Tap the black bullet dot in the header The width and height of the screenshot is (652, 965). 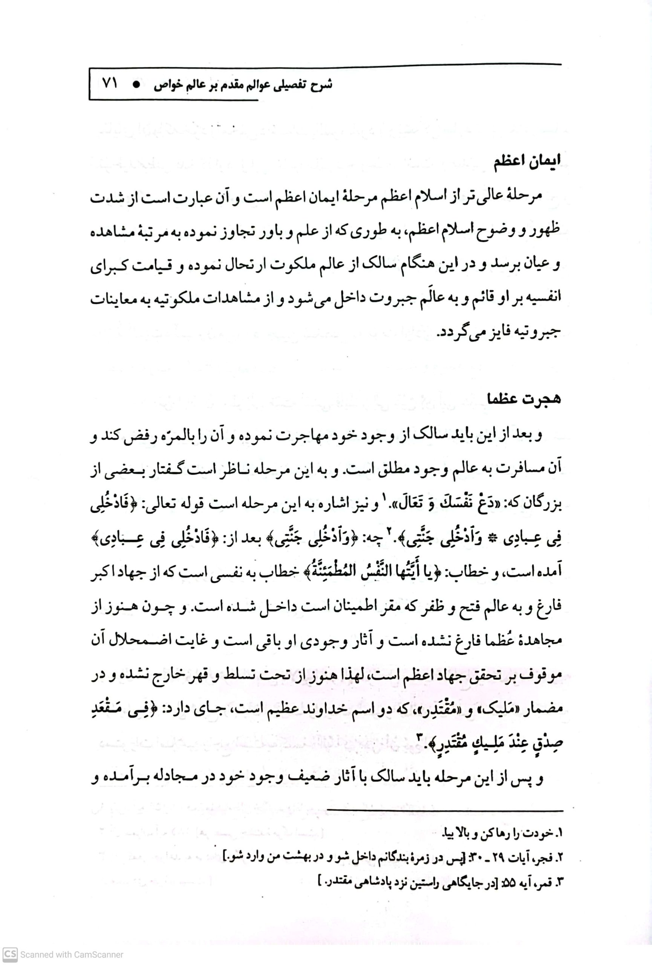pyautogui.click(x=136, y=84)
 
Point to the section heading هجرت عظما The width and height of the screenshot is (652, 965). pyautogui.click(x=524, y=398)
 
